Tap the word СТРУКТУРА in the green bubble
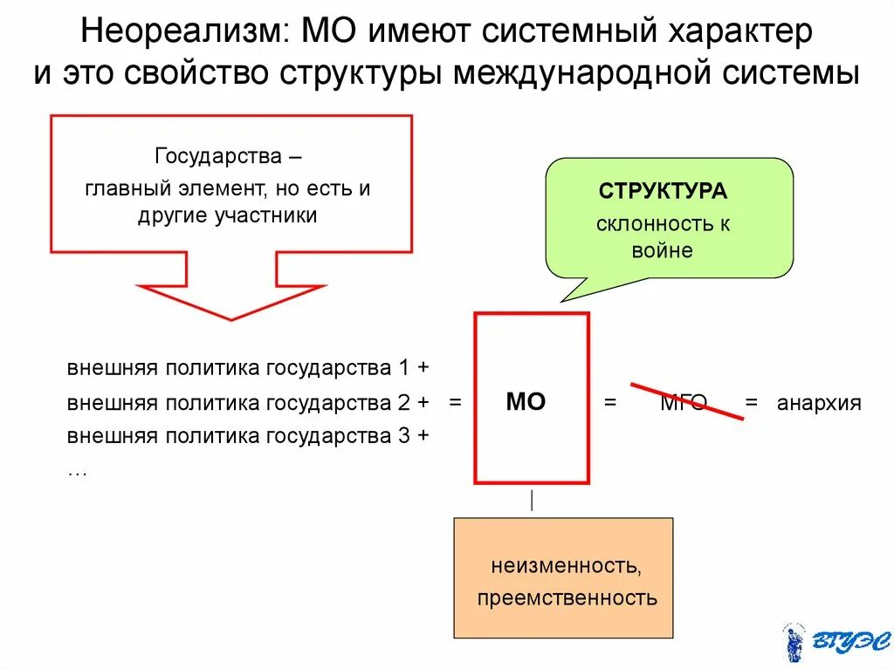(x=663, y=191)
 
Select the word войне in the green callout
(x=663, y=251)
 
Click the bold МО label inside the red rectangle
(x=526, y=402)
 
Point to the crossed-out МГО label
(x=684, y=403)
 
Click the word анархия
(x=819, y=403)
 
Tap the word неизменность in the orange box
(x=566, y=566)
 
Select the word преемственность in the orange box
(x=566, y=598)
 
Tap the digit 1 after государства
(x=404, y=367)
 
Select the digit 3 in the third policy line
(x=404, y=435)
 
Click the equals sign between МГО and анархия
(x=752, y=403)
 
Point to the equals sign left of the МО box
(x=454, y=402)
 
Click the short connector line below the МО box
(x=532, y=501)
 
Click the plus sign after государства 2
(x=423, y=402)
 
